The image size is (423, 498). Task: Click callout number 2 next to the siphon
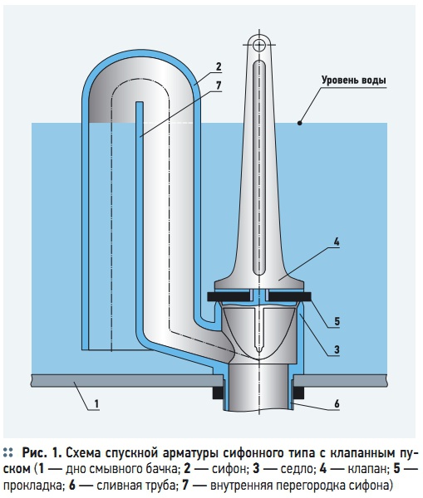tap(219, 67)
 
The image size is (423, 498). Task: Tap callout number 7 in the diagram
tap(219, 85)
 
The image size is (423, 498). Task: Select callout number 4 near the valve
tap(337, 242)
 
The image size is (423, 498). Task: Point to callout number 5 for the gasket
tap(337, 321)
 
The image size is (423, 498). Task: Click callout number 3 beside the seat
tap(337, 349)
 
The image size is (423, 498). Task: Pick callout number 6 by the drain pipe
tap(337, 403)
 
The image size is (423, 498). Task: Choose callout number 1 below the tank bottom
tap(96, 404)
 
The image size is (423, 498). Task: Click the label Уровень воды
tap(354, 80)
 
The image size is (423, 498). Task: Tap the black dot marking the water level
tap(299, 123)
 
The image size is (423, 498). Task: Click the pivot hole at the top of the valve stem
tap(259, 45)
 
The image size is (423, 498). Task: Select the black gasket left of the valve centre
tap(229, 296)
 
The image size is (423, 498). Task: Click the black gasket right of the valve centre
tap(289, 296)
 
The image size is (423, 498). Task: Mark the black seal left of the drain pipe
tap(218, 393)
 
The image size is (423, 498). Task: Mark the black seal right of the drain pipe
tap(298, 393)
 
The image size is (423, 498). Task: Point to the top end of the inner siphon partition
tap(140, 102)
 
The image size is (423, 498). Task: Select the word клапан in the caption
tap(367, 469)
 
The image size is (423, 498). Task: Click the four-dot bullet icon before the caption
tap(8, 452)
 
